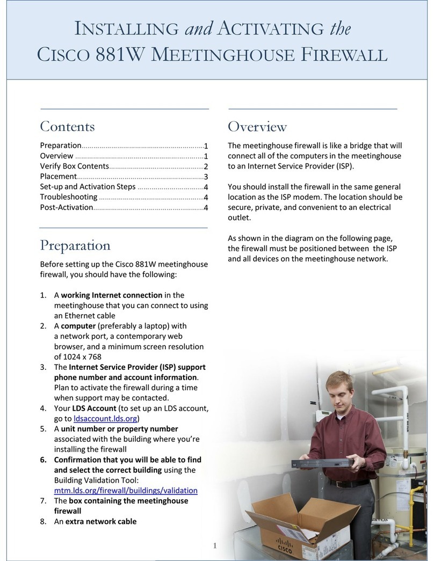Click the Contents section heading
(x=67, y=127)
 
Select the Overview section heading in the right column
(x=257, y=127)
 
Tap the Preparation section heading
(x=75, y=245)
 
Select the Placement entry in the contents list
(x=58, y=177)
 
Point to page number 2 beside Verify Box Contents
(x=206, y=166)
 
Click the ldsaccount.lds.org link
(x=106, y=419)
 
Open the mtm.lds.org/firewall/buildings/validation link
(x=126, y=490)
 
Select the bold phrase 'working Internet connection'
(x=111, y=295)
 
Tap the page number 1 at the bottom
(x=214, y=546)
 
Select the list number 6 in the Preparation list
(x=43, y=460)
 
